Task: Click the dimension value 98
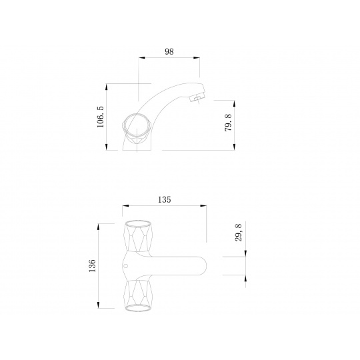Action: (x=169, y=51)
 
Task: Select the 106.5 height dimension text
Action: (x=100, y=117)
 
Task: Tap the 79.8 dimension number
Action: (x=229, y=123)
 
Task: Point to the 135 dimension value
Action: (x=165, y=199)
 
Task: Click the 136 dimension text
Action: (x=92, y=265)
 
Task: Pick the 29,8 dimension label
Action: (x=238, y=233)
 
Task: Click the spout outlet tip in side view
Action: (x=197, y=99)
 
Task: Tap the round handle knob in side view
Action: (x=137, y=125)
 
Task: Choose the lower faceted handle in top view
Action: (x=138, y=295)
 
